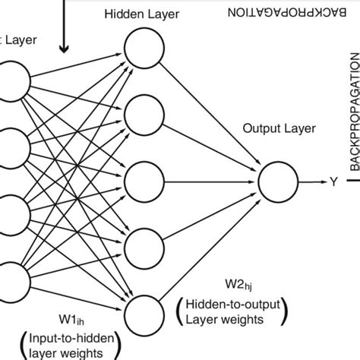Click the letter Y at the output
pyautogui.click(x=333, y=182)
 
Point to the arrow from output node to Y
pyautogui.click(x=313, y=182)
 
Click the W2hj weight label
pyautogui.click(x=238, y=285)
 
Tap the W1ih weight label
pyautogui.click(x=71, y=320)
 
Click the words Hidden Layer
pyautogui.click(x=142, y=14)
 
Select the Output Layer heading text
pyautogui.click(x=279, y=128)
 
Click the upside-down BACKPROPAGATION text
pyautogui.click(x=287, y=12)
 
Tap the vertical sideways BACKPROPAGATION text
pyautogui.click(x=355, y=112)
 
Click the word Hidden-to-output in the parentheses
pyautogui.click(x=233, y=304)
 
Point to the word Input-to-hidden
pyautogui.click(x=71, y=338)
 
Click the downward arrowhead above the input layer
pyautogui.click(x=64, y=49)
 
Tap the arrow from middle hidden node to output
pyautogui.click(x=209, y=182)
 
